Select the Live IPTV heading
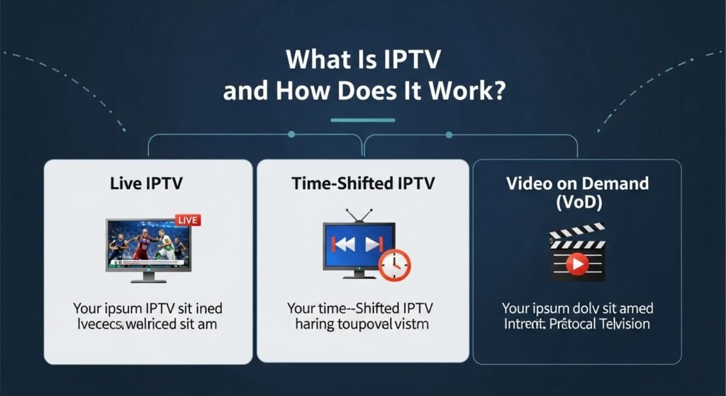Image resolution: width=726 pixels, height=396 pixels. pos(147,183)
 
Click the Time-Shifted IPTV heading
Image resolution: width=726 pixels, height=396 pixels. pos(363,183)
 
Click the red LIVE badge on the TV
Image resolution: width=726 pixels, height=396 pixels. pos(186,220)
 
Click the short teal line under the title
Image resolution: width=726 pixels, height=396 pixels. pos(362,120)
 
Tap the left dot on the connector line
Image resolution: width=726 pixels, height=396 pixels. pos(292,132)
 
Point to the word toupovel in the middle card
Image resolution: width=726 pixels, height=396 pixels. pos(371,325)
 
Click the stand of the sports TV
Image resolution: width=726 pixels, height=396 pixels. pos(147,277)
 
